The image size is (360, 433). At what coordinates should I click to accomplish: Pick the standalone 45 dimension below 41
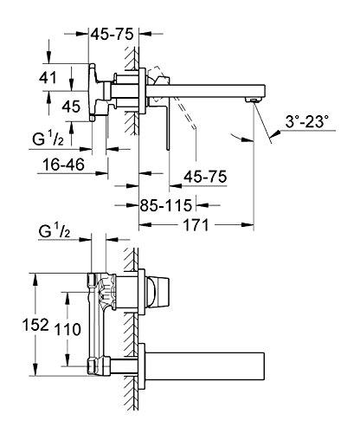pyautogui.click(x=49, y=107)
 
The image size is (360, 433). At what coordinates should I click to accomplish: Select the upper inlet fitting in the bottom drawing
pyautogui.click(x=93, y=280)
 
